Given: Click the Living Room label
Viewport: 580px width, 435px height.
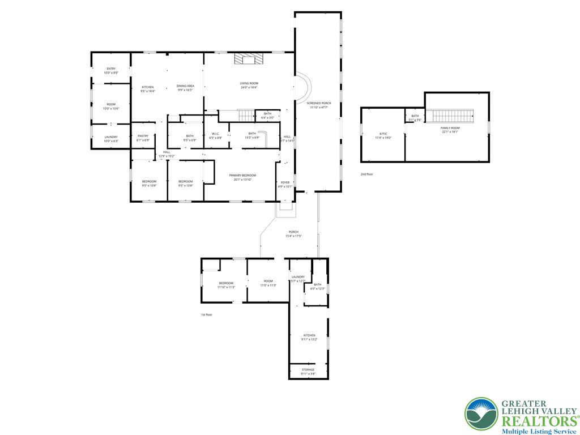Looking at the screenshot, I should point(249,86).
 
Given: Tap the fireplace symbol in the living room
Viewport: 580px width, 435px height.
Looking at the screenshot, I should point(249,59).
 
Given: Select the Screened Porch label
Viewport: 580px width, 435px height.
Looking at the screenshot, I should point(319,105).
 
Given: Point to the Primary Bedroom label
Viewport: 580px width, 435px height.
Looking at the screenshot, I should point(242,177).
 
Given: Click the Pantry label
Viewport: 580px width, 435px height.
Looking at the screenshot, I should point(143,138).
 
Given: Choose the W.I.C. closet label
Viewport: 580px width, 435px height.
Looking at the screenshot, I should point(215,136).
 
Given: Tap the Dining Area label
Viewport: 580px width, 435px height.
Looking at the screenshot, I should point(186,88).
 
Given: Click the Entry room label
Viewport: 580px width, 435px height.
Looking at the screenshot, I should point(111,71).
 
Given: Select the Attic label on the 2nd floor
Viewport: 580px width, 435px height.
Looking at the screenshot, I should point(383,135).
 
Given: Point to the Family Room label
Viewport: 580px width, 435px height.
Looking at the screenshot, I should point(451,130).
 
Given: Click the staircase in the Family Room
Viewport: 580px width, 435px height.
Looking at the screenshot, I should point(453,116).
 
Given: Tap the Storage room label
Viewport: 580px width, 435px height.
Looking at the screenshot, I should point(308,372).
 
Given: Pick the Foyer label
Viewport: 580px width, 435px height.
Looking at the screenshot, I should point(285,184).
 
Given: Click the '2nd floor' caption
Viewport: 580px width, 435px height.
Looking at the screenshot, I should point(367,174).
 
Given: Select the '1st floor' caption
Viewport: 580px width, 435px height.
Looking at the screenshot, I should point(207,314).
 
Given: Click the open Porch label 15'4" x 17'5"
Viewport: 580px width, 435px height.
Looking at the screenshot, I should point(293,233).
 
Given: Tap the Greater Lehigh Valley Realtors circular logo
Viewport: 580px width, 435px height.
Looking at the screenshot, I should point(481,413).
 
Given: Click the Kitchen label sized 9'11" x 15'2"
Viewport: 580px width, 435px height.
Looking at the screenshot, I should point(309,337).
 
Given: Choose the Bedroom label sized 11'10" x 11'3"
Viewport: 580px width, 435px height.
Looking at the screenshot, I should point(226,284).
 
